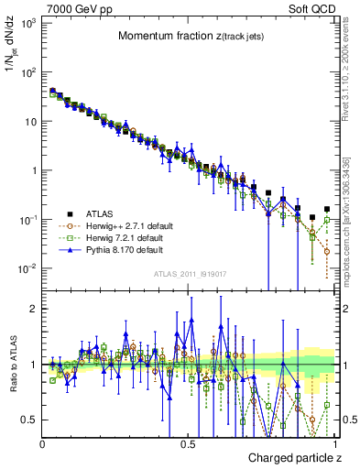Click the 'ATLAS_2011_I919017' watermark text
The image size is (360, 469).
pos(189,273)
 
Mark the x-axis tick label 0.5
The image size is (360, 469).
pos(189,442)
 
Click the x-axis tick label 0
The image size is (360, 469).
pos(43,442)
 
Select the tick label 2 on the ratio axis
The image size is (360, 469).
pos(33,309)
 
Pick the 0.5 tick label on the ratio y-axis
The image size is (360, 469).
pos(29,420)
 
